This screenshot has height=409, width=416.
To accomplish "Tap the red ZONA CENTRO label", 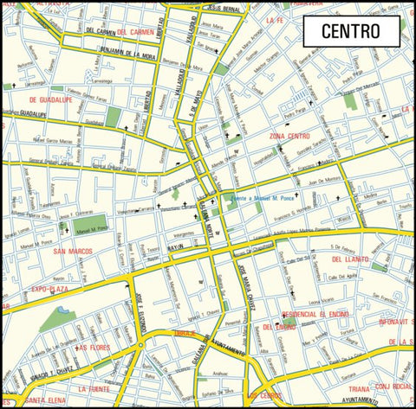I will (289, 137).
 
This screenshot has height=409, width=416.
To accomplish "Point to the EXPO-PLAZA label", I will (49, 289).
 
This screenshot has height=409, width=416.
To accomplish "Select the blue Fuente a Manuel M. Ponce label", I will (262, 198).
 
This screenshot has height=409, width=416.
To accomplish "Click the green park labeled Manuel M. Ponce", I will (88, 227).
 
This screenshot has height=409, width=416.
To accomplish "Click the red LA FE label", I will (276, 19).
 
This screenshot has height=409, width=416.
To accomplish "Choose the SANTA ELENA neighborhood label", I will (43, 400).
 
